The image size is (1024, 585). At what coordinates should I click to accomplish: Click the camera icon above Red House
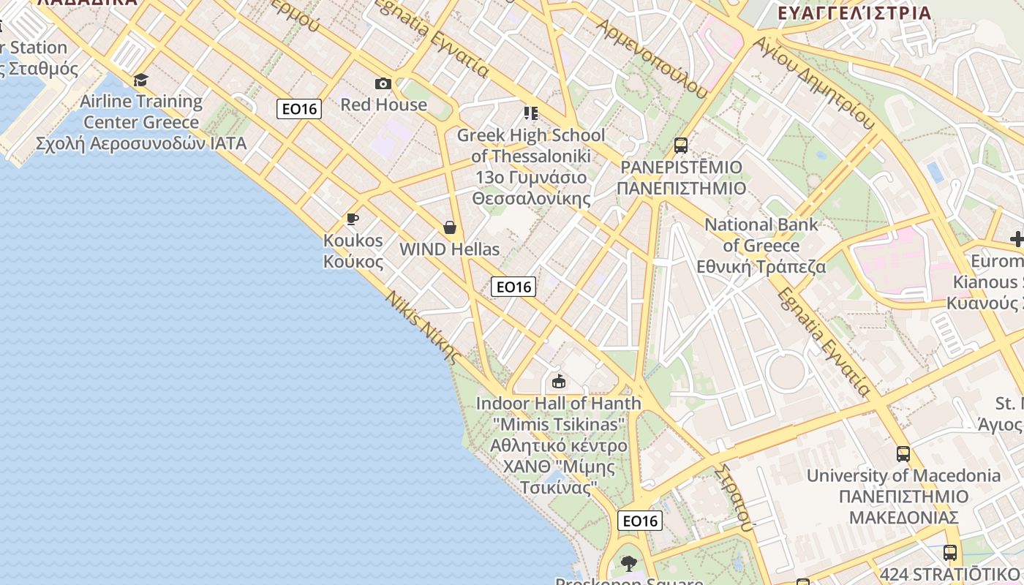click(x=383, y=84)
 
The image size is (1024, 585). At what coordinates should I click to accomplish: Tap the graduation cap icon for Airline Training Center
click(x=140, y=80)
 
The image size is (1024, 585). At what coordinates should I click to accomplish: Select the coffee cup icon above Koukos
click(x=353, y=219)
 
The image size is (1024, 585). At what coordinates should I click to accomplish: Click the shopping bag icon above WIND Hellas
click(x=450, y=228)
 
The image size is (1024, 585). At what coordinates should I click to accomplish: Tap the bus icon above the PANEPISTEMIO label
click(x=681, y=145)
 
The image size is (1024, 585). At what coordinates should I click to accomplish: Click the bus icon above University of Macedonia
click(x=903, y=453)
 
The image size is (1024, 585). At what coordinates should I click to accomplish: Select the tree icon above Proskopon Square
click(x=628, y=563)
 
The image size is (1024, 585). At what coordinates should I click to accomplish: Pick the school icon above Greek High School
click(x=530, y=113)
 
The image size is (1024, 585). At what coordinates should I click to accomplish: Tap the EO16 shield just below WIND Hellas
click(x=513, y=287)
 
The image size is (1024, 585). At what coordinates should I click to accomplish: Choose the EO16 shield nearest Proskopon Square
click(x=640, y=521)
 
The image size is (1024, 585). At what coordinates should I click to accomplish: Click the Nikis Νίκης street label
click(x=423, y=328)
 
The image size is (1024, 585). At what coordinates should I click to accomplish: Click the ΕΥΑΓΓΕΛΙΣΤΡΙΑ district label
click(x=854, y=13)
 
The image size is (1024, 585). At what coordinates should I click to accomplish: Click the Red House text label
click(x=383, y=105)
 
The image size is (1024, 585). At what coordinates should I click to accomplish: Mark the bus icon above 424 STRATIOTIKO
click(x=950, y=553)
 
